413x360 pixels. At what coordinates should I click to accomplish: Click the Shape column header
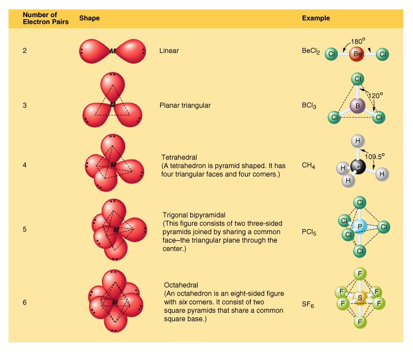89,18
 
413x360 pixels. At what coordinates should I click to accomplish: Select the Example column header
316,18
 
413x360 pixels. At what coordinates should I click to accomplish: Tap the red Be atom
357,54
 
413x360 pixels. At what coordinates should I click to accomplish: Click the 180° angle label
358,41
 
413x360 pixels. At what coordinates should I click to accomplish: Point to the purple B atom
357,106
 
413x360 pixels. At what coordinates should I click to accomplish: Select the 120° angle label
375,95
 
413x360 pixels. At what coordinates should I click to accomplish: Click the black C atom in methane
358,166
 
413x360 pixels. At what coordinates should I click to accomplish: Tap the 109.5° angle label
374,157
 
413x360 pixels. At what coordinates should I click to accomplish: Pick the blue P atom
359,227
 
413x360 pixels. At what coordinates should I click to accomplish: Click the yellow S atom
360,297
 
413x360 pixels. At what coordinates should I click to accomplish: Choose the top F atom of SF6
360,273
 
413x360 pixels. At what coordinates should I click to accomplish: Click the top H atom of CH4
358,141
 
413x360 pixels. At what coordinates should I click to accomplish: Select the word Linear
169,51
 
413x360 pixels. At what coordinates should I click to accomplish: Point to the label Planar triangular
185,105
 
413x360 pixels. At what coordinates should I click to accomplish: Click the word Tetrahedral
179,157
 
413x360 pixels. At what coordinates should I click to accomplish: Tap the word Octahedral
181,285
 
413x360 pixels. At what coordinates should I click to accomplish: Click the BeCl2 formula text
311,51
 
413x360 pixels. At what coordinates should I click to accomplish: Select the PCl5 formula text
309,232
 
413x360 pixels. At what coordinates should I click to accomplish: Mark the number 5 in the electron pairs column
24,229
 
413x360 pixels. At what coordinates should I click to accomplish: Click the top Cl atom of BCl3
357,79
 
